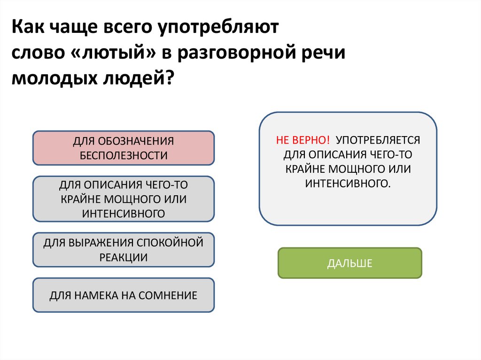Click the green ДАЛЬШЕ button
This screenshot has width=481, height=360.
coord(349,263)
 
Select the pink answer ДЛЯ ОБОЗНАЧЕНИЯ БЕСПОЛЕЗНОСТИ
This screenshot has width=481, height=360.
coord(123,148)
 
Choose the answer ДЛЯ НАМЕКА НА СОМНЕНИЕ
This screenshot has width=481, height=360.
coord(123,295)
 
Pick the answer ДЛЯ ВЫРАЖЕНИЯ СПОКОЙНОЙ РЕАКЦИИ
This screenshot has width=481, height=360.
coord(123,250)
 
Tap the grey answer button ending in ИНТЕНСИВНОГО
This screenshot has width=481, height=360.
coord(123,199)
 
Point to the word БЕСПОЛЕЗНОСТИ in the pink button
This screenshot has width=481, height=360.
coord(124,156)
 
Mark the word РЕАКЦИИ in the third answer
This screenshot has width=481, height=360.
coord(124,257)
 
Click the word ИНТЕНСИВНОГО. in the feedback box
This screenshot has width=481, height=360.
coord(348,182)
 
